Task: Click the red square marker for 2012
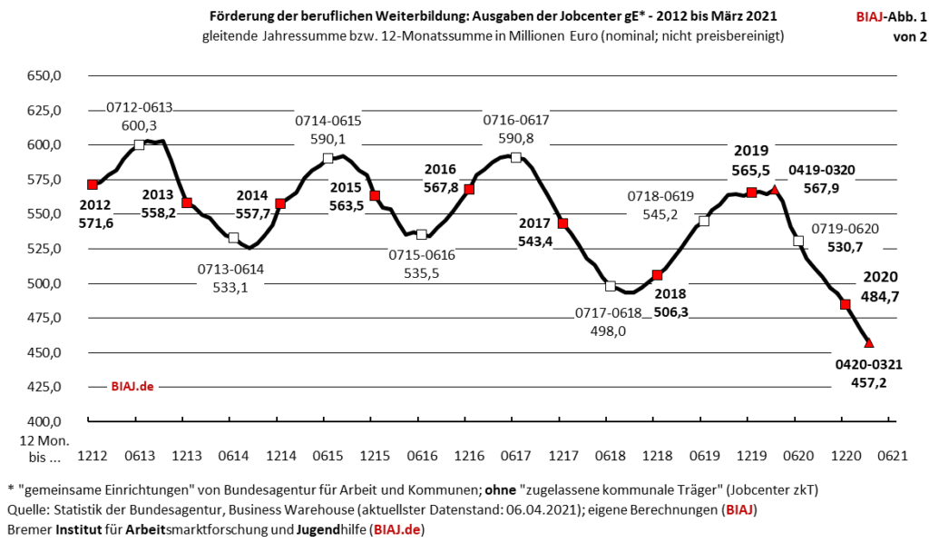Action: point(93,185)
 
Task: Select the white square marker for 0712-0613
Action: point(140,145)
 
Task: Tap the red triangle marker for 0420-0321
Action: point(868,342)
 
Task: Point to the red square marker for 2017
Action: point(562,223)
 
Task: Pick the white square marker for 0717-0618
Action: point(611,286)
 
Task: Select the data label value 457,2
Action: point(868,382)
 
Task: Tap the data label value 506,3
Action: point(670,311)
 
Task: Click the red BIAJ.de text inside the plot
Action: point(132,386)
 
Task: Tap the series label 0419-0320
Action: point(822,170)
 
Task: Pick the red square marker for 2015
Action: point(375,196)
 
